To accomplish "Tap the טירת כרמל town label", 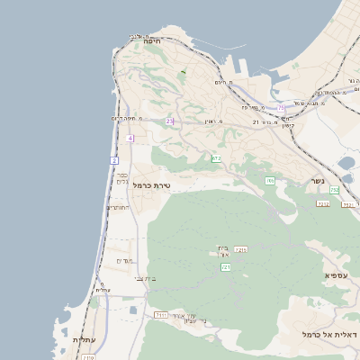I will [151, 184].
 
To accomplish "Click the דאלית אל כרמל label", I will [331, 335].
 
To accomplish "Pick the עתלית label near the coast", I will [82, 340].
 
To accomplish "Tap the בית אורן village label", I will [224, 253].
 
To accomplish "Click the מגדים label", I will [125, 261].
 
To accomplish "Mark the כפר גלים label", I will [121, 178].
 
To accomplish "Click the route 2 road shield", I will [114, 160].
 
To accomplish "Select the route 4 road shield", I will [130, 138].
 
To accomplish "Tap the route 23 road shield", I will [169, 121].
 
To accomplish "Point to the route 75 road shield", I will [281, 107].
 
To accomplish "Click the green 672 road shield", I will [216, 158].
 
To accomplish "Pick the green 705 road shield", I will [270, 181].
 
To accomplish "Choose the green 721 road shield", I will [226, 267].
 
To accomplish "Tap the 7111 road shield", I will [161, 315].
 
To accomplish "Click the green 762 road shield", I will [334, 190].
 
